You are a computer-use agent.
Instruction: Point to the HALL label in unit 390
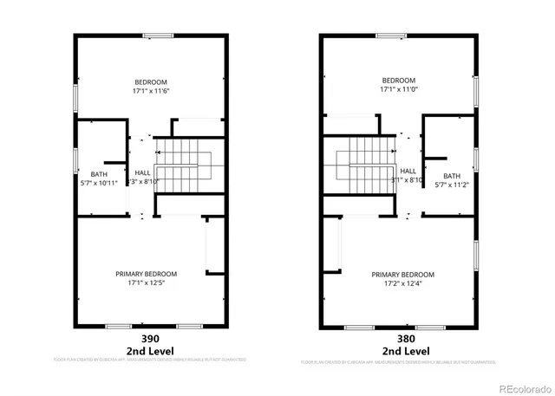point(143,172)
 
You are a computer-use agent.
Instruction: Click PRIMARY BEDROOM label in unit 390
point(151,274)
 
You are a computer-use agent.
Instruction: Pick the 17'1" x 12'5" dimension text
point(151,283)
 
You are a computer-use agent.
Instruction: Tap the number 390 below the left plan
point(150,339)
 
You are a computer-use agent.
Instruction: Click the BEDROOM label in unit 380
point(399,80)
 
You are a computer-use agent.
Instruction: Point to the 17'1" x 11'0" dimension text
point(399,89)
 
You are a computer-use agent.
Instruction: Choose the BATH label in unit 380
point(452,176)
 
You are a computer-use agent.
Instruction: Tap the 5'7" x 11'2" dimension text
point(452,185)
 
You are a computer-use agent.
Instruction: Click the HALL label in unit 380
point(408,171)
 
